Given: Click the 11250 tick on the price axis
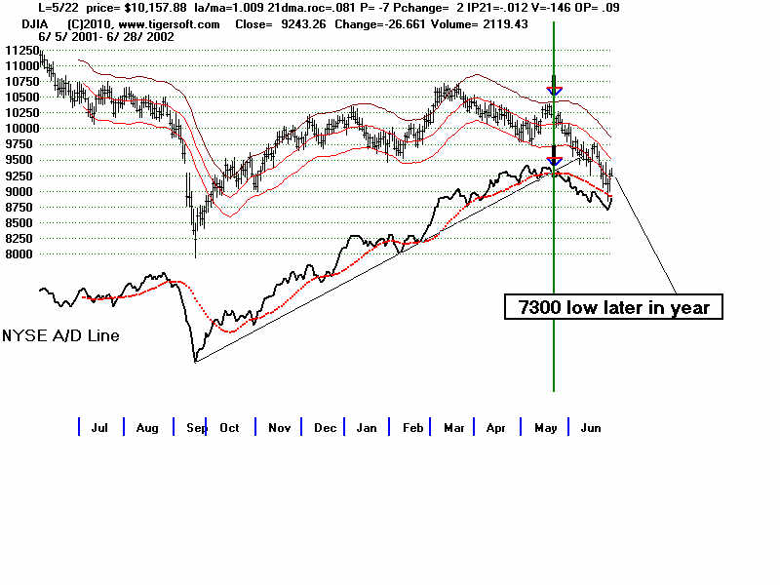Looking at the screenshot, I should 20,50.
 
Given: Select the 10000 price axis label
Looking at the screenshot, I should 20,128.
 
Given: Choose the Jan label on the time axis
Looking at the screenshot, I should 367,427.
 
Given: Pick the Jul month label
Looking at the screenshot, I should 99,427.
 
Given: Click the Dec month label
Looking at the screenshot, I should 325,427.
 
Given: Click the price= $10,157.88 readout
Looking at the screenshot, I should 141,8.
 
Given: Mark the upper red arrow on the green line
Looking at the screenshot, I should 554,92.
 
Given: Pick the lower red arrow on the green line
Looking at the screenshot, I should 554,161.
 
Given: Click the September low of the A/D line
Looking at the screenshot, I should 195,361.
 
